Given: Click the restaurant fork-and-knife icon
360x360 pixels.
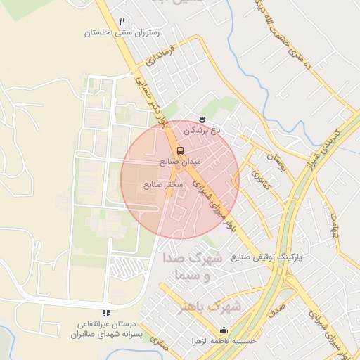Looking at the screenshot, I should (122, 22).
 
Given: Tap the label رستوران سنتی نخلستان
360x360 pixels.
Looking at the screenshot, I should (122, 33).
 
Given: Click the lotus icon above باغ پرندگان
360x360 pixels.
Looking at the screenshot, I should (202, 119).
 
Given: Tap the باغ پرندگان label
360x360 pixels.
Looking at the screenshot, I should (202, 131).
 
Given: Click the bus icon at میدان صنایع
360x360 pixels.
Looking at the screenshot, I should (180, 150).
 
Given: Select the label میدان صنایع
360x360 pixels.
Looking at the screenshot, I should (180, 162).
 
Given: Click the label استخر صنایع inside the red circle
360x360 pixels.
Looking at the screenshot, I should (164, 185).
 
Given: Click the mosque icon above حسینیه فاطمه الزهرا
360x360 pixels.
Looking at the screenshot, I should (224, 330).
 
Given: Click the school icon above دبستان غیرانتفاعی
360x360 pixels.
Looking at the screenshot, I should (106, 313).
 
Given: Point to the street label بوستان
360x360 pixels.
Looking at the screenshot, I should (278, 163).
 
